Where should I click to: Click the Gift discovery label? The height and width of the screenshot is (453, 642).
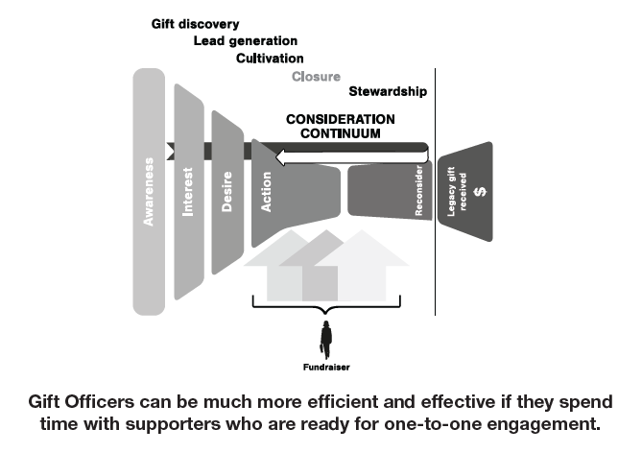(196, 24)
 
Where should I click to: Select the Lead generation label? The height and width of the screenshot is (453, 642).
(245, 41)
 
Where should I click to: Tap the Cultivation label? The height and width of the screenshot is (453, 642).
(270, 59)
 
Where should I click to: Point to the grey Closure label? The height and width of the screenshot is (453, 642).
(316, 76)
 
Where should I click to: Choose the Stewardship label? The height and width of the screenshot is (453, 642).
(388, 92)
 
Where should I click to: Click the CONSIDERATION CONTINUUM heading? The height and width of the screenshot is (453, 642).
(340, 126)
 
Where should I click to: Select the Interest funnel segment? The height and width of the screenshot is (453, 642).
(189, 196)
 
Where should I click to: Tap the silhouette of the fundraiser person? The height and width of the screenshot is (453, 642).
(326, 338)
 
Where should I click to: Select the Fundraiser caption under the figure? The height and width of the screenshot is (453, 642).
(326, 367)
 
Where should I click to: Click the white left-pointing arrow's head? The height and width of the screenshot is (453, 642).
(282, 155)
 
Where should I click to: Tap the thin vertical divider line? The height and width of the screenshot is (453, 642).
(436, 192)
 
